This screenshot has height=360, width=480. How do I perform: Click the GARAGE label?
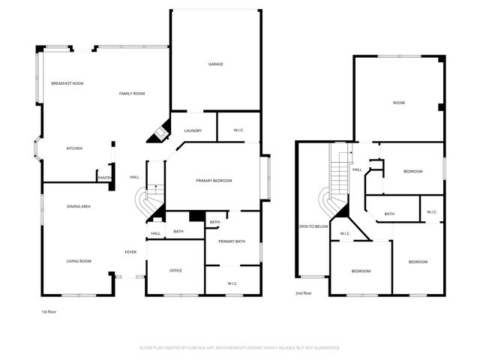coord(216,64)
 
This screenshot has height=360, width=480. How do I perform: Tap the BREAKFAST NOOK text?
coord(67,83)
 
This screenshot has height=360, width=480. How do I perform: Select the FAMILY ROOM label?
coord(132,93)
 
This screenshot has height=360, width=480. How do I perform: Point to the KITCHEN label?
coord(74,148)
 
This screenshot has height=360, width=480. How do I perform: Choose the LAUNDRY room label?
coord(193,131)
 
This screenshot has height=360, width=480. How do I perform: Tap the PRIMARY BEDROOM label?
coord(214,181)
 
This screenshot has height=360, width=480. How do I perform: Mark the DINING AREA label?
coord(79,205)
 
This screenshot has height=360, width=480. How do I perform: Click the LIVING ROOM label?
coord(79,261)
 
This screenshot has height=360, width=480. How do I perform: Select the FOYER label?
coord(130,252)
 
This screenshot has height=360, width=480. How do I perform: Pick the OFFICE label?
coord(175,270)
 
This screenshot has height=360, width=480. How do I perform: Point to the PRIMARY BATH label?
coord(232,241)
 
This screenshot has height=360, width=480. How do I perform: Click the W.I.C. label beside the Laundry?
coord(238,131)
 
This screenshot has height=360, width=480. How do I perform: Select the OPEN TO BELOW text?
coord(313,226)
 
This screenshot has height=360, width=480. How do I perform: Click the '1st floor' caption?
coord(49,311)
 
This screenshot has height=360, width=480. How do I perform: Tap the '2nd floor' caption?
coord(304,293)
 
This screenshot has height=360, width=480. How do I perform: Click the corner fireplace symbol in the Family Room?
coord(160,133)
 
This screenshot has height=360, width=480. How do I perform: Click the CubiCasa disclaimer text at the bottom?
coord(240,348)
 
